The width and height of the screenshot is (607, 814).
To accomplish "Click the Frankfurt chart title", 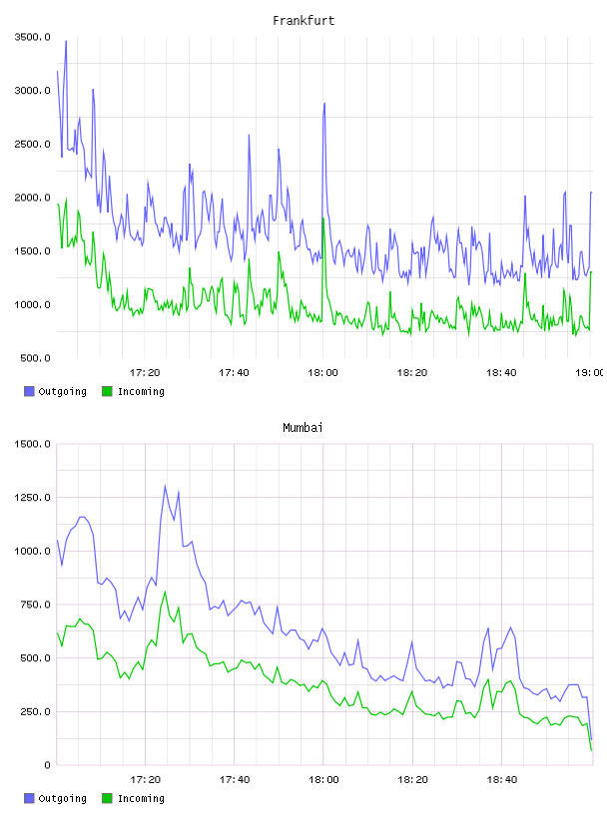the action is click(x=303, y=21).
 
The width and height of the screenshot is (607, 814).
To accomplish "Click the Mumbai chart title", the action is click(x=303, y=428).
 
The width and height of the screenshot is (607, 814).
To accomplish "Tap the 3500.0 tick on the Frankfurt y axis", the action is click(x=33, y=37).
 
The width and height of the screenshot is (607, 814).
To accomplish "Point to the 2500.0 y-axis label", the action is click(x=33, y=144).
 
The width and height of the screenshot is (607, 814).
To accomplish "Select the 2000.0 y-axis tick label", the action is click(x=33, y=198).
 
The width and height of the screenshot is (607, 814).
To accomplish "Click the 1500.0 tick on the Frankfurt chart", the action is click(x=33, y=251).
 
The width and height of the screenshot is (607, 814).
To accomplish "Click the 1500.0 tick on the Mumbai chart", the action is click(x=33, y=444).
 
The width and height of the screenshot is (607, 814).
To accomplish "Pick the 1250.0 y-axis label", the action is click(x=33, y=498).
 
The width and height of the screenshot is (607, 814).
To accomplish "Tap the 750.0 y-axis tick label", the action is click(x=35, y=605).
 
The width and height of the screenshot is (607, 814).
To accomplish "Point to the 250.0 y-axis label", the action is click(x=35, y=711).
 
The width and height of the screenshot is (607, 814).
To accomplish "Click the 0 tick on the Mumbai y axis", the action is click(x=47, y=765).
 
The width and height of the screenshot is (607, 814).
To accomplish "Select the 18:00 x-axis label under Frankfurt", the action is click(x=322, y=372).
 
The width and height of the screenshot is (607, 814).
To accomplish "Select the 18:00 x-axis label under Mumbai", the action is click(x=323, y=779).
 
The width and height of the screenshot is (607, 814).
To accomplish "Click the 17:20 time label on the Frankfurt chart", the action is click(x=145, y=372).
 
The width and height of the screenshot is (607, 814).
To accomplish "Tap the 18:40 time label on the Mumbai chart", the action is click(x=501, y=779).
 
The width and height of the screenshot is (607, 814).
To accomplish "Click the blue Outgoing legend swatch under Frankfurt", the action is click(x=29, y=391).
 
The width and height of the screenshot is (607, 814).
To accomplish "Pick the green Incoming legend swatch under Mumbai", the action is click(x=107, y=798).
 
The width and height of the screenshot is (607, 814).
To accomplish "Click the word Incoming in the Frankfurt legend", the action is click(x=141, y=391).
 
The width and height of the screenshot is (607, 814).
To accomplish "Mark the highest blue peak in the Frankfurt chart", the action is click(x=66, y=41).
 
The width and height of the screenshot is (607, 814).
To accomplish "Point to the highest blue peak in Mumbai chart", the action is click(x=166, y=486).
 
